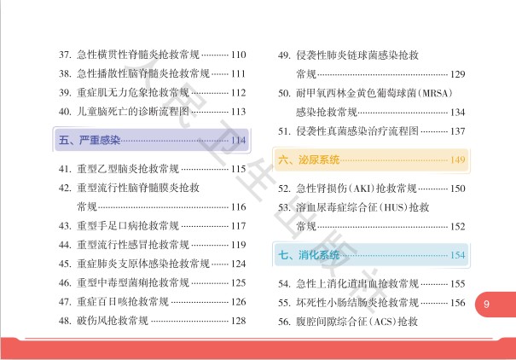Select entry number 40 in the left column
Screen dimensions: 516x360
tap(64, 112)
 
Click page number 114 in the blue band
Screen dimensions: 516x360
tap(238, 139)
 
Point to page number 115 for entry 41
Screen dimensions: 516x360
tap(238, 169)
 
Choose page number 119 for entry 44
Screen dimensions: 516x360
tap(238, 245)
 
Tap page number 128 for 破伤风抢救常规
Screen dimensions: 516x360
tap(238, 321)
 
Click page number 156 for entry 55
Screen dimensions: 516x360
tap(457, 302)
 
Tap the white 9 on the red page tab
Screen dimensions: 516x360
tap(486, 304)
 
